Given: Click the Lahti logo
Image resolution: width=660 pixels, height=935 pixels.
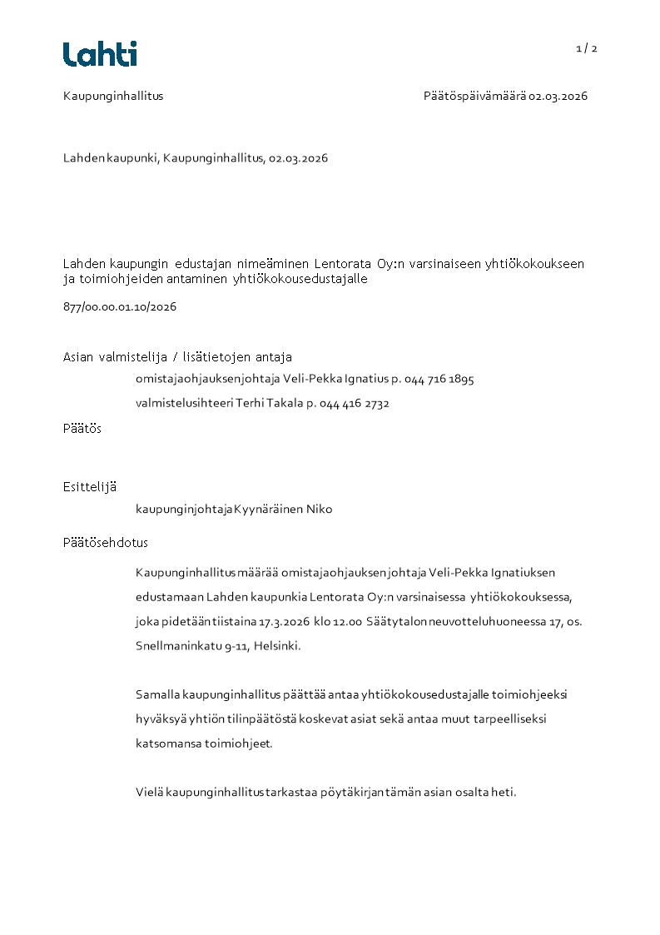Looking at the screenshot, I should pos(100,54).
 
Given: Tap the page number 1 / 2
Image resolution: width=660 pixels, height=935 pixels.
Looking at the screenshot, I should pos(587,48).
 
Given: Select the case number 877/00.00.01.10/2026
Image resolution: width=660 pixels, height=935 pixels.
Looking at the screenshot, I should pos(120,306).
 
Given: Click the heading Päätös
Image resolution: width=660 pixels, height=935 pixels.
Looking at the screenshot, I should pos(82,429).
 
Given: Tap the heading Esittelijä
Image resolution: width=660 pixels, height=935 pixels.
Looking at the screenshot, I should pos(89,486).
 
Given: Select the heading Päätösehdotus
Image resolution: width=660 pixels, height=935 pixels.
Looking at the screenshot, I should pos(105,543).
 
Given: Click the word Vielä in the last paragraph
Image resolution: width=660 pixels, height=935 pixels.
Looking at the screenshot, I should pos(149,793).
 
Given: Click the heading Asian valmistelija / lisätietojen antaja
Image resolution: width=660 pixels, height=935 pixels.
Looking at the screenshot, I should pos(177,357).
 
